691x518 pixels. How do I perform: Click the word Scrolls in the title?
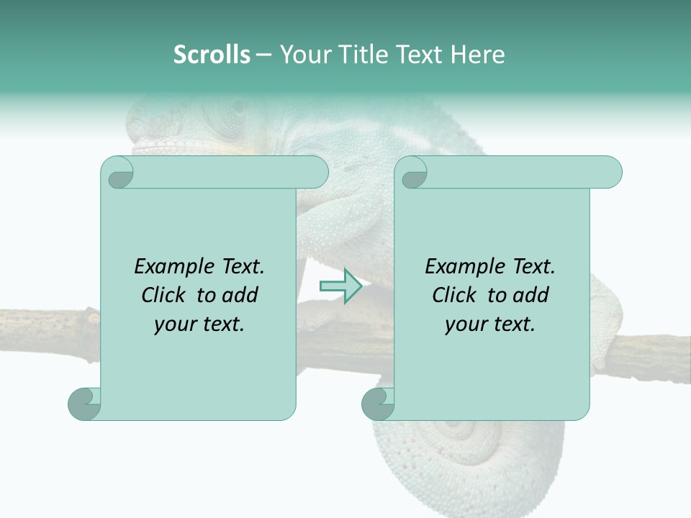212,55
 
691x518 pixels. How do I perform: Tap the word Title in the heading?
361,55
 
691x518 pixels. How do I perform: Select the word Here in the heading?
478,55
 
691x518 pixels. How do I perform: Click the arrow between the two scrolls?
340,286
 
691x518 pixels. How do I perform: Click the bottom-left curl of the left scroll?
83,404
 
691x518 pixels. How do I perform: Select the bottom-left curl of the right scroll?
377,404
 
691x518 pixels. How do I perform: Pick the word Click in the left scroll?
165,295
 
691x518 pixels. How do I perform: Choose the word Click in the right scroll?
456,295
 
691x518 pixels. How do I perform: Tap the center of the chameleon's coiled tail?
461,432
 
